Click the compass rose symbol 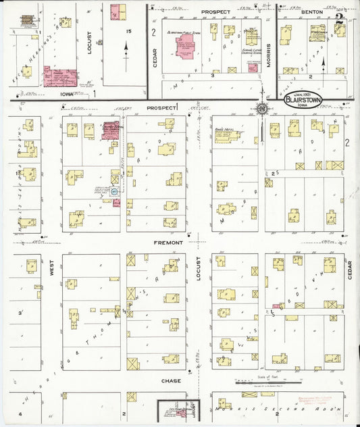point(261,108)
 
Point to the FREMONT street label point(169,242)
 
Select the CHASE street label point(170,381)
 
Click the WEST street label point(51,272)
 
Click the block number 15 point(126,31)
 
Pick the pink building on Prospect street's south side point(111,130)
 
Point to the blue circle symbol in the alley point(115,192)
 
